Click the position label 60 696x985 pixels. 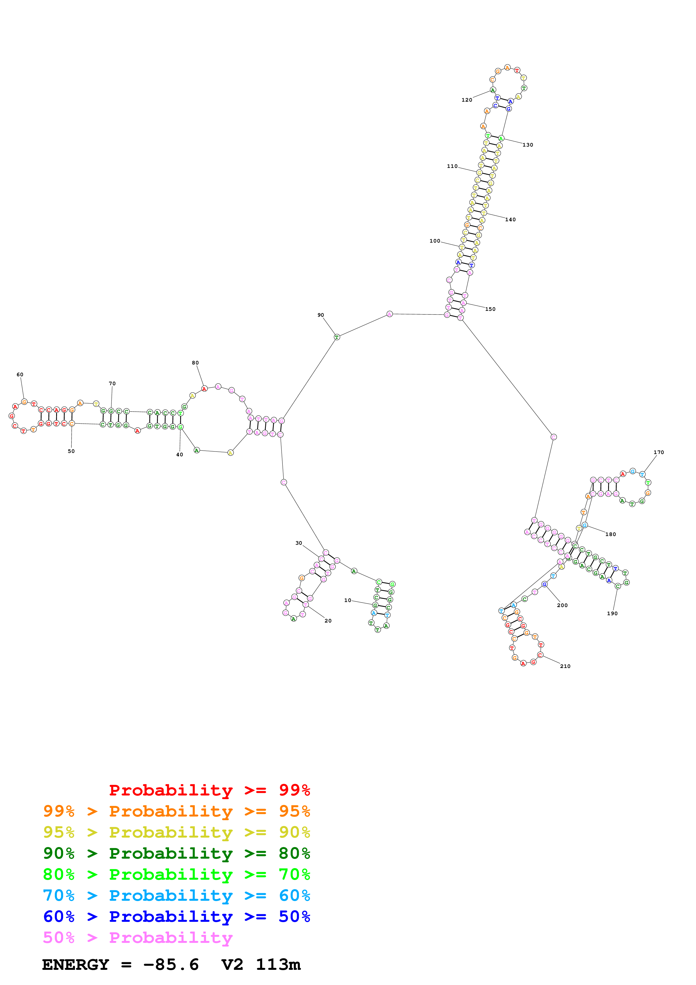tap(20, 375)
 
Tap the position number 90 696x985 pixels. tap(321, 315)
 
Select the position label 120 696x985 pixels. tap(467, 100)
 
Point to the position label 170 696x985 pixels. tap(659, 452)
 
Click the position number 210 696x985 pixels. tap(565, 666)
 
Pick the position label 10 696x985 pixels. tap(348, 600)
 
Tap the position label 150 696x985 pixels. tap(490, 309)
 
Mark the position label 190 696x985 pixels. tap(612, 614)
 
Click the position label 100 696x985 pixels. tap(435, 241)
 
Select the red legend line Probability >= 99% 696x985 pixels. tap(209, 790)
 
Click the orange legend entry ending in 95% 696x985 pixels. tap(177, 811)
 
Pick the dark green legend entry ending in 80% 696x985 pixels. tap(177, 853)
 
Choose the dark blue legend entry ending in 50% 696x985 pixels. tap(177, 916)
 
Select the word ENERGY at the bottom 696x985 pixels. tap(76, 965)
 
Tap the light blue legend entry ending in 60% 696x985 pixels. tap(177, 895)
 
